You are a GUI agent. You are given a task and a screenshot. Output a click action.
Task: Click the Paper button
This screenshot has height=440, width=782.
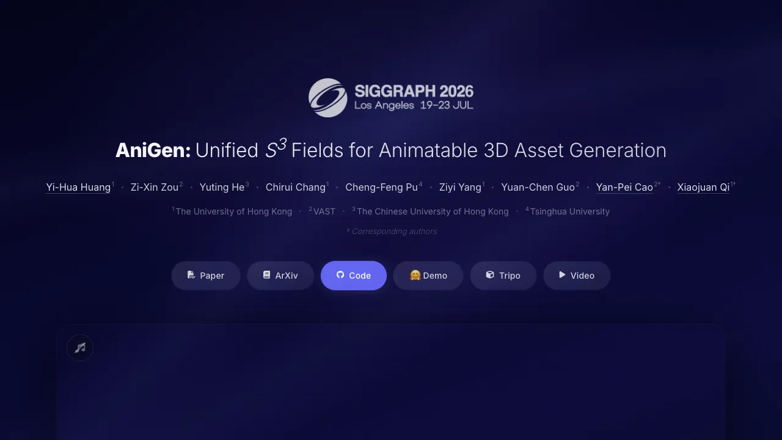(x=206, y=276)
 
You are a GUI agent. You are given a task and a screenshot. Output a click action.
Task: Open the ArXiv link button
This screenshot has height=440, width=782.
(x=280, y=276)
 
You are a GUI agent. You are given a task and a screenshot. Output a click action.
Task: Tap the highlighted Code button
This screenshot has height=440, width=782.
(x=354, y=276)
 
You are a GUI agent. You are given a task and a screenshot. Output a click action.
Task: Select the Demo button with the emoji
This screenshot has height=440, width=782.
(x=428, y=276)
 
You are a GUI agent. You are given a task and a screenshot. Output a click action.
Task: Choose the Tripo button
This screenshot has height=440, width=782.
(x=503, y=276)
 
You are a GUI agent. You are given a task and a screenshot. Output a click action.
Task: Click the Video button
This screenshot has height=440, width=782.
(x=577, y=276)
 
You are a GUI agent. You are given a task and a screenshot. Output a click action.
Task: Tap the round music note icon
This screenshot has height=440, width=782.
(x=80, y=348)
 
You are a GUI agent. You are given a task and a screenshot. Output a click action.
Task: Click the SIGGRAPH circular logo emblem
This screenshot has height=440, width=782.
(x=328, y=98)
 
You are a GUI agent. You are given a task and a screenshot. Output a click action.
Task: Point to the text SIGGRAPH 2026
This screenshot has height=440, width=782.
(x=414, y=92)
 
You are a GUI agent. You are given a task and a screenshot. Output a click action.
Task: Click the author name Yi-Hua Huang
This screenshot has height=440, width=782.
(x=78, y=187)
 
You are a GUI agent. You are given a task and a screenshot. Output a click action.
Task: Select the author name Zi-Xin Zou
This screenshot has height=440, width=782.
(x=155, y=187)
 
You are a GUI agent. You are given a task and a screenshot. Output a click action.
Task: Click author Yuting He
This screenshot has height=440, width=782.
(x=222, y=187)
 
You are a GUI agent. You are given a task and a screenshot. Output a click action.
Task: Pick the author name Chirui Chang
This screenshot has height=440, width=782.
(x=296, y=187)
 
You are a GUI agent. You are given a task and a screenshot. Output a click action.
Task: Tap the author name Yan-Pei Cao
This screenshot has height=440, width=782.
(x=624, y=187)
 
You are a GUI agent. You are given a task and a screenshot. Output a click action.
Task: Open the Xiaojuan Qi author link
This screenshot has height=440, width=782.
(x=703, y=187)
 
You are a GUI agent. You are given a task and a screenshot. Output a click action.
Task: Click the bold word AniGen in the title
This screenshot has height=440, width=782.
(x=153, y=150)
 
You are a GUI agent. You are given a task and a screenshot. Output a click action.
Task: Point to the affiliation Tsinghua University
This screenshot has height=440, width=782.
(x=569, y=211)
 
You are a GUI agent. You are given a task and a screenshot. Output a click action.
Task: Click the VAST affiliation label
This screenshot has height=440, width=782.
(x=324, y=211)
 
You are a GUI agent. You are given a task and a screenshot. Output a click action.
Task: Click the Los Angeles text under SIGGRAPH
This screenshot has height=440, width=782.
(x=384, y=106)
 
